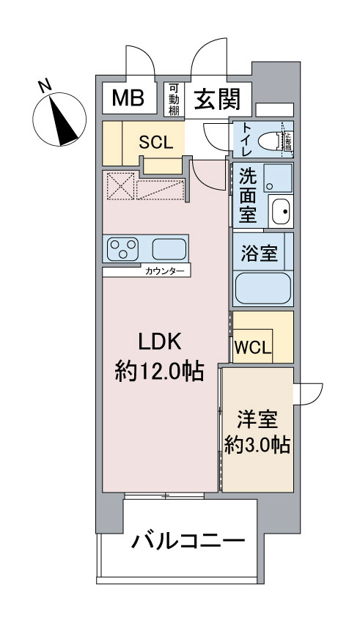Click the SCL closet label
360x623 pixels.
pos(156,142)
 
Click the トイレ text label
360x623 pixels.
pos(243,140)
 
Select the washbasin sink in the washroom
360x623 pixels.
pos(279,212)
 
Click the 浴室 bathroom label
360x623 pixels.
pos(259,254)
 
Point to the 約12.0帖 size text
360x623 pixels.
pos(159,371)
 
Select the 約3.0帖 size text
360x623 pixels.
pos(257,445)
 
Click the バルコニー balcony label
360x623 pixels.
pos(188,543)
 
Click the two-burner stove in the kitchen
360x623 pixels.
pos(123,249)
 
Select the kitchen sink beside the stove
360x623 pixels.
pos(169,249)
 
